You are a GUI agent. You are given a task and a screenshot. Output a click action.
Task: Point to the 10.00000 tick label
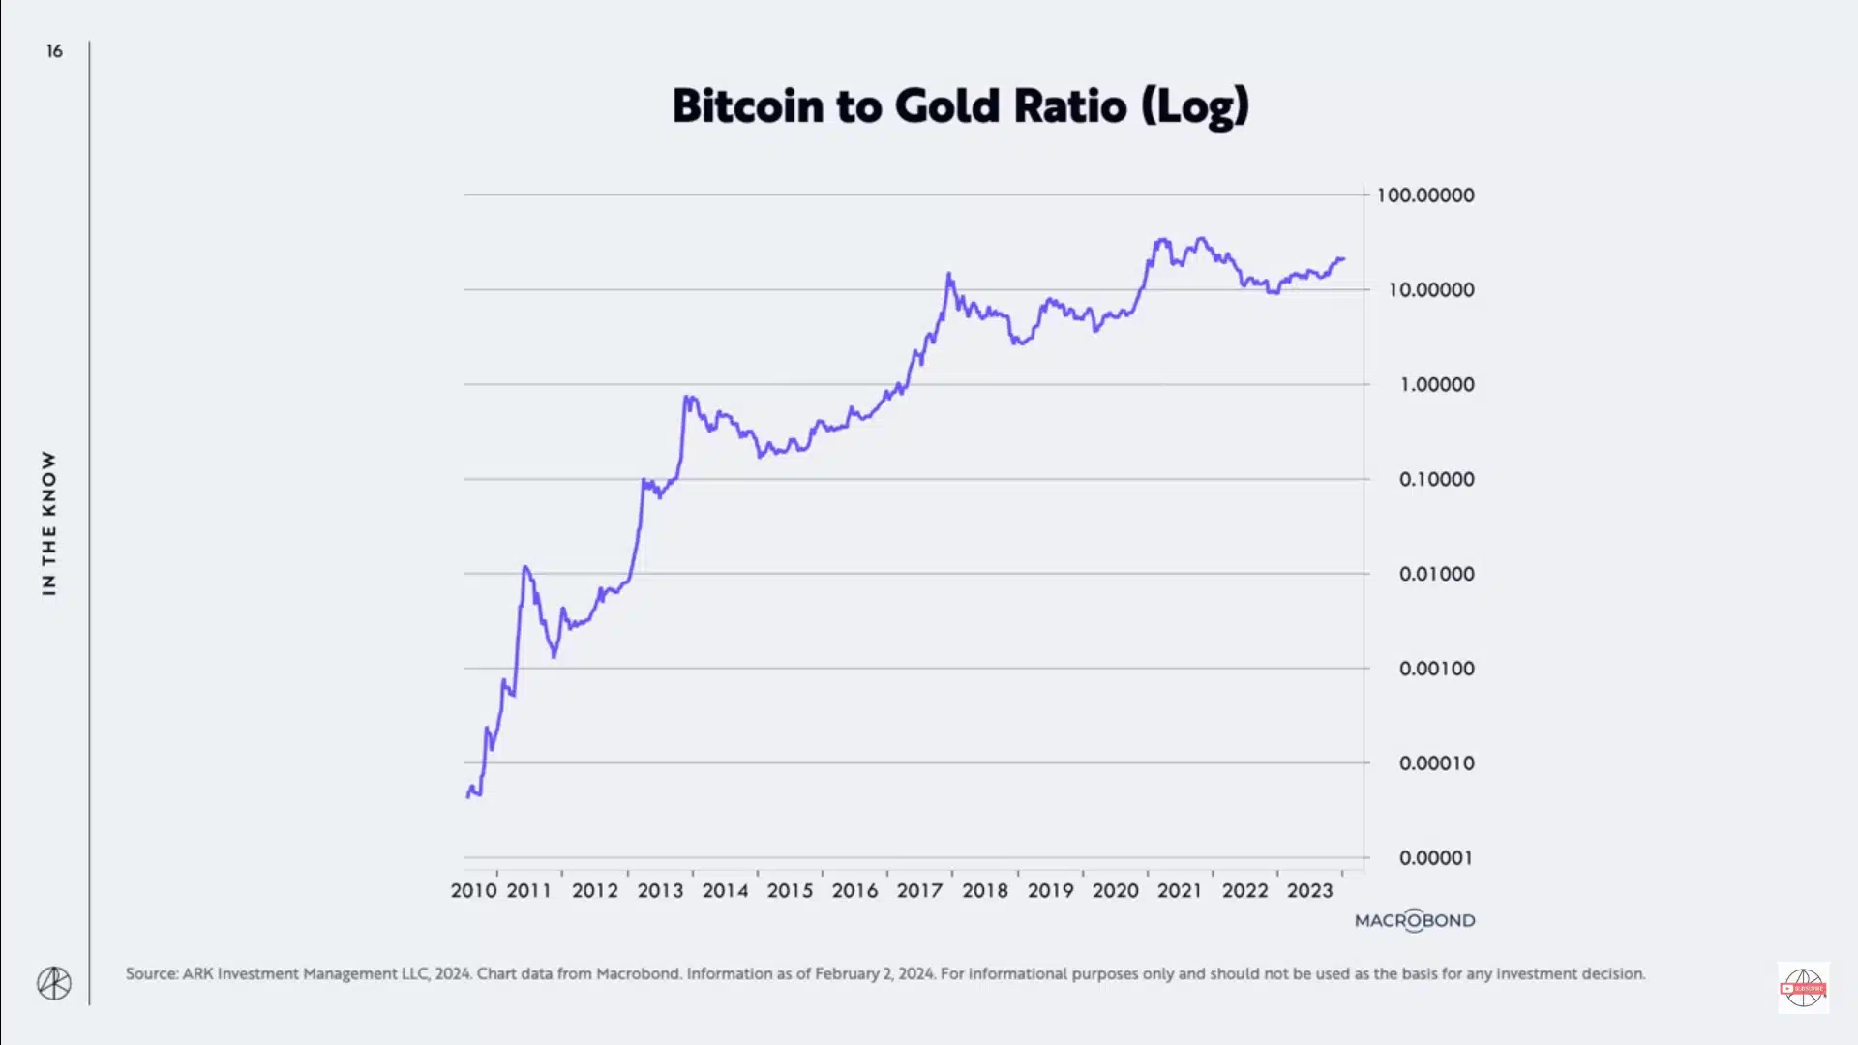point(1431,290)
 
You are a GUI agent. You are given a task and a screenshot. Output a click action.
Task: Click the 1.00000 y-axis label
point(1437,385)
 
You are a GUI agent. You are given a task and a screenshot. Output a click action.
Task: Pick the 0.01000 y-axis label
point(1437,574)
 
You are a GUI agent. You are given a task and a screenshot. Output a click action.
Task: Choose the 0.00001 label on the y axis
point(1437,858)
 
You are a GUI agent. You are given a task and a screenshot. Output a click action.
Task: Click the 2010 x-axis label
point(473,891)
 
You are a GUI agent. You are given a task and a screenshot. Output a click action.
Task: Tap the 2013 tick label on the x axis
point(660,891)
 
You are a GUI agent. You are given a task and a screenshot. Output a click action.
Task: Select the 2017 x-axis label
point(919,891)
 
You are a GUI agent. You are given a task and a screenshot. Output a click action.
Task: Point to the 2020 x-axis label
point(1116,891)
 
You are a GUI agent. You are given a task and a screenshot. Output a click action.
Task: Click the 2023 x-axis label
point(1309,891)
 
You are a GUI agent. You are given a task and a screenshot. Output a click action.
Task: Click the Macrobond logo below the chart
point(1415,921)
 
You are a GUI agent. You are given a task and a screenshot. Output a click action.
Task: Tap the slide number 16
point(54,51)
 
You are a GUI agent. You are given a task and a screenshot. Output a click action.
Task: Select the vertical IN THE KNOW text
point(49,522)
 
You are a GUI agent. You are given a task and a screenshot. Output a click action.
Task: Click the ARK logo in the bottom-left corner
point(54,984)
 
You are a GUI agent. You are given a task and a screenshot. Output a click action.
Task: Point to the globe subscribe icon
point(1803,988)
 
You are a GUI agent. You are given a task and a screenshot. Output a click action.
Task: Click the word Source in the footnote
point(151,974)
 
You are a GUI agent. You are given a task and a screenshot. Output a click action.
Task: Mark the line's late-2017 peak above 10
point(948,275)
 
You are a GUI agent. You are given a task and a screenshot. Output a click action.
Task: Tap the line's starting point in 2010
point(468,796)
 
